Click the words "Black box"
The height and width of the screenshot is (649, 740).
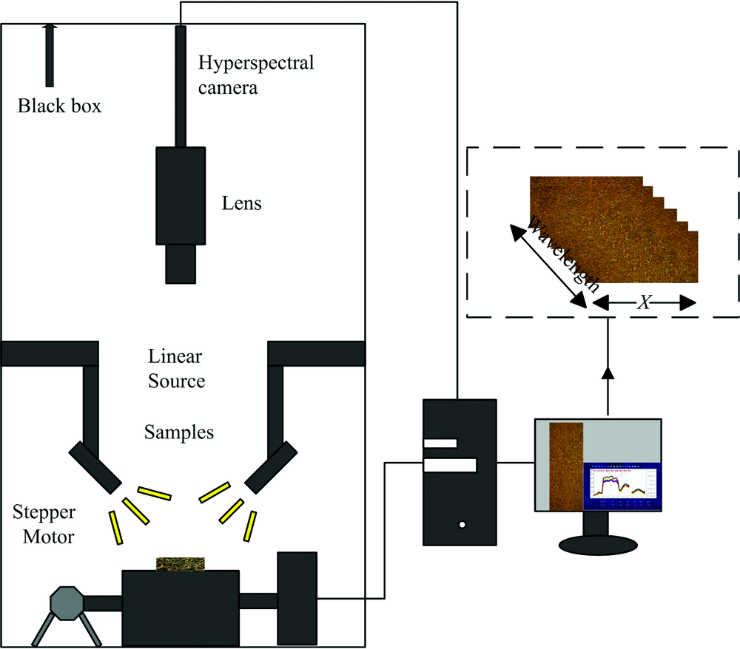59,106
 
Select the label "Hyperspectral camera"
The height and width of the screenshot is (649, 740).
255,75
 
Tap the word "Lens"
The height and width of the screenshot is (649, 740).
242,203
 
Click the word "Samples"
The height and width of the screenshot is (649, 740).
179,432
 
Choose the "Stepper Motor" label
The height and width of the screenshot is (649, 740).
44,524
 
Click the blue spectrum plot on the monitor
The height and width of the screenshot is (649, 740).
620,487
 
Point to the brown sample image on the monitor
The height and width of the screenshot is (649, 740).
567,465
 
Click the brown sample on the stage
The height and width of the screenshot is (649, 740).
181,563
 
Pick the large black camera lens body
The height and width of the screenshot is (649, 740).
181,195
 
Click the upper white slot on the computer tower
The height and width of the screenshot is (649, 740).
440,444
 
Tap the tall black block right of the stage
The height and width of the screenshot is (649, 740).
297,597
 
